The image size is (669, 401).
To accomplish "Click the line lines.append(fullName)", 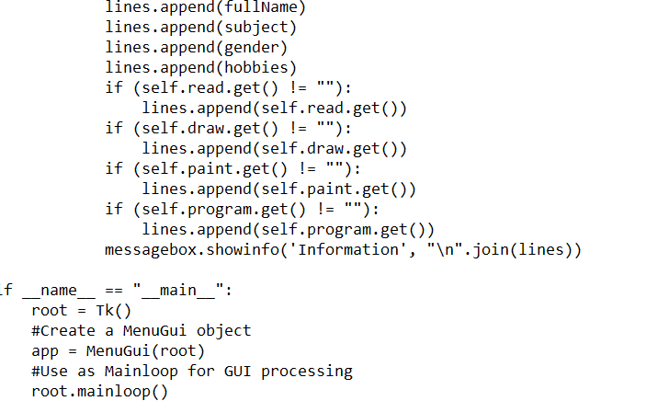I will click(x=205, y=6).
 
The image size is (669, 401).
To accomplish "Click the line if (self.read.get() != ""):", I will click(x=228, y=87).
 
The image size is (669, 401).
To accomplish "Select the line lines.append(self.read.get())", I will click(x=274, y=108).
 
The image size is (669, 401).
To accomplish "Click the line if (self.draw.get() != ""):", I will click(x=228, y=128).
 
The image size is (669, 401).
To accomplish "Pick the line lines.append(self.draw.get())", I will click(x=274, y=148).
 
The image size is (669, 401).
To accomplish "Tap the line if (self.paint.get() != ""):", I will click(x=232, y=168).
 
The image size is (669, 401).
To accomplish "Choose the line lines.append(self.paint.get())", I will click(x=278, y=189).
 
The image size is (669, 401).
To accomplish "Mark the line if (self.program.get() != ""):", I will click(x=242, y=209).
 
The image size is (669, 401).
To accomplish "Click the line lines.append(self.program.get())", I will click(x=288, y=229).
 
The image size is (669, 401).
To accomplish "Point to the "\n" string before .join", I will click(x=442, y=249).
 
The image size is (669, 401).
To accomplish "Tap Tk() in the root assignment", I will click(x=114, y=311).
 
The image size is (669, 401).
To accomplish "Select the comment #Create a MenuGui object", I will click(x=141, y=330).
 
